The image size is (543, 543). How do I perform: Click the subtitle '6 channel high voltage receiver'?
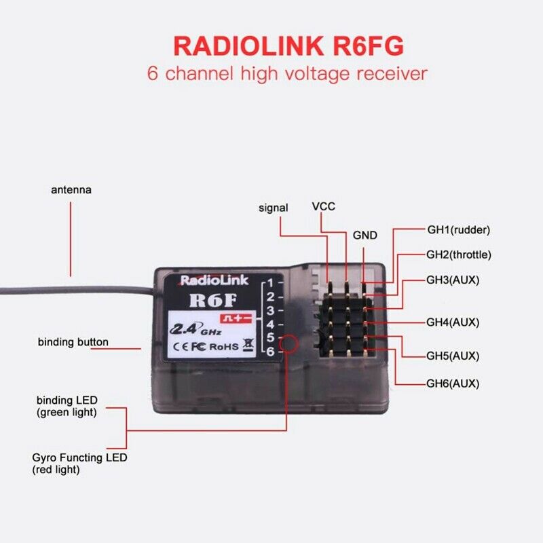[288, 73]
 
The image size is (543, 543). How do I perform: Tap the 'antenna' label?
[71, 190]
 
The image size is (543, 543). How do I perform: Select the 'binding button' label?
[73, 342]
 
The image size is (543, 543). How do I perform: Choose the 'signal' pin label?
[274, 208]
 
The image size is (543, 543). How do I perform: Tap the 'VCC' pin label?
[323, 206]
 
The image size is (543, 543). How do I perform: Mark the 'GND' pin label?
[364, 236]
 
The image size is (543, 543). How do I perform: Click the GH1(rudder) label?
[458, 229]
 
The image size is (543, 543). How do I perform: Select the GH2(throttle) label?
[458, 255]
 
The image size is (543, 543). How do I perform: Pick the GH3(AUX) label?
[453, 280]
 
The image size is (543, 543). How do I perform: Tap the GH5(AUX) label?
[453, 356]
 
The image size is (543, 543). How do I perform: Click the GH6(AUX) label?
[453, 383]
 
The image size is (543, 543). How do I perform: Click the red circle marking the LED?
[288, 343]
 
